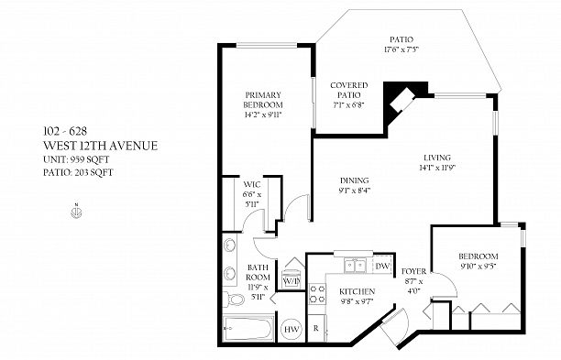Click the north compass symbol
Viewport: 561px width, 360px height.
[76, 212]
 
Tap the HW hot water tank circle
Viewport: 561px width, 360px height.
[291, 329]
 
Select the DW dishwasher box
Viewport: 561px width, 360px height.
[382, 266]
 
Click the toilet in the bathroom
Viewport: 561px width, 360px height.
[233, 299]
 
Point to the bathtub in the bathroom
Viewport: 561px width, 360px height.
[248, 328]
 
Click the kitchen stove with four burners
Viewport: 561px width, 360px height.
[317, 293]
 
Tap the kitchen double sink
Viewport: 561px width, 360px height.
[355, 266]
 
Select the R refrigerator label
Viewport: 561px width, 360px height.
[316, 328]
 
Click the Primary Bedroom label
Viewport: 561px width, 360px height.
[263, 100]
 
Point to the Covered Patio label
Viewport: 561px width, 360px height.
[349, 90]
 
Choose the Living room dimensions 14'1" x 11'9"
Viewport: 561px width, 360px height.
[437, 168]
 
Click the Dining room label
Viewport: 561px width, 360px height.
[354, 180]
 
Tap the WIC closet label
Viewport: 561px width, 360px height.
[252, 185]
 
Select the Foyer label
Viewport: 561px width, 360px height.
[413, 271]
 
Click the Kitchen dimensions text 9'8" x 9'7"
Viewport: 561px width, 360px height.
[357, 301]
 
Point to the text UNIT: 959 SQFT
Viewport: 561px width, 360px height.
[76, 159]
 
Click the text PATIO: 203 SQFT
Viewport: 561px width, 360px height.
[78, 172]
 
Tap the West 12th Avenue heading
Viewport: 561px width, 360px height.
[101, 146]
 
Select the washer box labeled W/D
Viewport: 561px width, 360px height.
[291, 281]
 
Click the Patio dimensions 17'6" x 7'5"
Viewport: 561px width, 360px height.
[401, 49]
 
